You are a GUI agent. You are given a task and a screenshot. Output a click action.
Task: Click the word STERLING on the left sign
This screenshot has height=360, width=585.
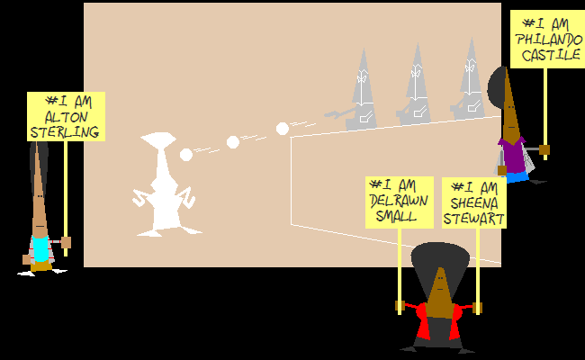[x=65, y=132]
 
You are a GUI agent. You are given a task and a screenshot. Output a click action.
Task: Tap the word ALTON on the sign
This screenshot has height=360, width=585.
[x=66, y=117]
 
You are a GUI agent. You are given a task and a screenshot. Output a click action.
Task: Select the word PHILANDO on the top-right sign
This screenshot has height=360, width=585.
[x=549, y=40]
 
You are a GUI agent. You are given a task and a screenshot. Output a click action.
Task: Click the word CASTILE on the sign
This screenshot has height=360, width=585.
[x=551, y=55]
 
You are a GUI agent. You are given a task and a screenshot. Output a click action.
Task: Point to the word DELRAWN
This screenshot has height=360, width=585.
[x=399, y=201]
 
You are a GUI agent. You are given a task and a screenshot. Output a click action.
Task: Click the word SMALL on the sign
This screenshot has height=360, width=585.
[x=396, y=216]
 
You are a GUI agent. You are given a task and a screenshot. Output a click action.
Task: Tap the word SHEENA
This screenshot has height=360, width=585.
[x=473, y=203]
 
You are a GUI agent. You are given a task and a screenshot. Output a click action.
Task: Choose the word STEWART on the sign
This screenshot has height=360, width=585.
[x=473, y=219]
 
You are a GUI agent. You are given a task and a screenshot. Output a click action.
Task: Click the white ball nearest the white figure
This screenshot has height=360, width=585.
[x=186, y=155]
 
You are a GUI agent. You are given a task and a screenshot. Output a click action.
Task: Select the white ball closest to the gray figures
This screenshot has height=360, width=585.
[x=283, y=129]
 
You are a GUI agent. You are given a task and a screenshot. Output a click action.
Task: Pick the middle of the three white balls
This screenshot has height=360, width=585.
[x=233, y=142]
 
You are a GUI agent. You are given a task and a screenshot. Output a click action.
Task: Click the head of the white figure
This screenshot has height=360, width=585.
[x=158, y=139]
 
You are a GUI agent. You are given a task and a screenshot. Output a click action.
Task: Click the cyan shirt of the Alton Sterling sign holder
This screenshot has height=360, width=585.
[x=40, y=248]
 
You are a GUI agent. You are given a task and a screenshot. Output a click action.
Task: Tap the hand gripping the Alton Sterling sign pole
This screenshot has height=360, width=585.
[x=66, y=242]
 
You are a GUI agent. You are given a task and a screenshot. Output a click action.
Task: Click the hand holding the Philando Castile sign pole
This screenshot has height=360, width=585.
[x=544, y=150]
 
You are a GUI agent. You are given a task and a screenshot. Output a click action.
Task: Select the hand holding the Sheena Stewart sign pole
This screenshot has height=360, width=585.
[x=477, y=308]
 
